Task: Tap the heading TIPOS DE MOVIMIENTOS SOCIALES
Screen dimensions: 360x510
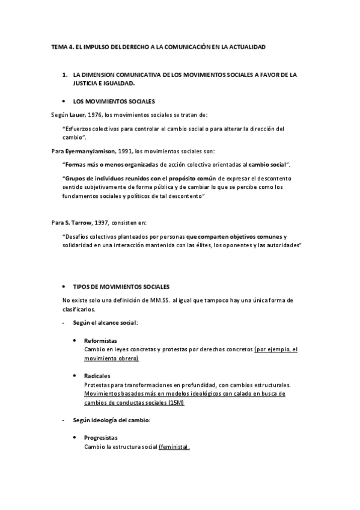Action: (x=121, y=286)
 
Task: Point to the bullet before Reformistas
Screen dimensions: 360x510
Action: (x=75, y=340)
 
